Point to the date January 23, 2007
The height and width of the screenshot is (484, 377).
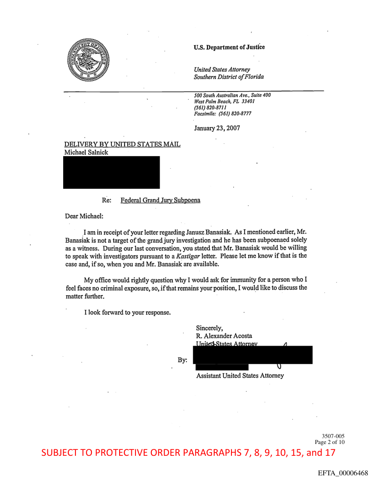[x=217, y=129]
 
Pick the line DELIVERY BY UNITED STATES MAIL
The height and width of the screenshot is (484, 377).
[x=123, y=145]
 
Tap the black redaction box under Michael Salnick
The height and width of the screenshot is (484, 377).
[x=111, y=172]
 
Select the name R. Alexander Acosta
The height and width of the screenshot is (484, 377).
[x=224, y=336]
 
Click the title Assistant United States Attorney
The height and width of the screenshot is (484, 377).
[x=240, y=376]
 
